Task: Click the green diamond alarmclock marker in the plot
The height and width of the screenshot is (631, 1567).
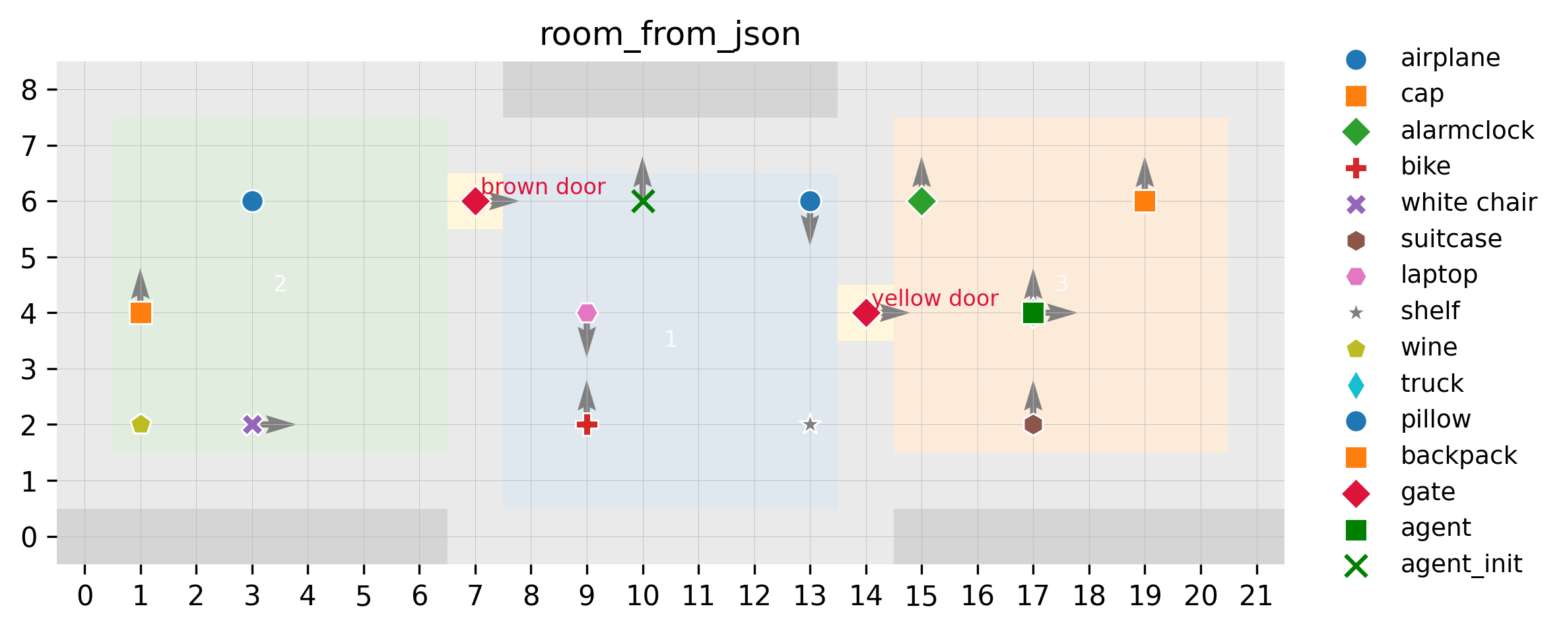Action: point(921,201)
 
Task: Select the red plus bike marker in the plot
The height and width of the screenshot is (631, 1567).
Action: point(587,424)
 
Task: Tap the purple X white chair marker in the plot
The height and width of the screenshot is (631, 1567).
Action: point(252,424)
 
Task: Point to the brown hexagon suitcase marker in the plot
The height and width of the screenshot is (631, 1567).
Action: point(1033,424)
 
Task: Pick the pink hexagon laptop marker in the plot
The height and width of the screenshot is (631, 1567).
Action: point(587,313)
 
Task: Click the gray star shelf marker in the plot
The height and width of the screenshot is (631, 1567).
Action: point(810,424)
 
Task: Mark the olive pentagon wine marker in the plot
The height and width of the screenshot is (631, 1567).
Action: point(141,424)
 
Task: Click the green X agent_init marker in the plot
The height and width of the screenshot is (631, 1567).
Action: point(643,201)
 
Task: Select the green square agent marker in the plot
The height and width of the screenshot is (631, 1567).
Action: point(1033,313)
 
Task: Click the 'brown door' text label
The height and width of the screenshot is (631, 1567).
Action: point(543,187)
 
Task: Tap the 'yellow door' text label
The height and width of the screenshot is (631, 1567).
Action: point(935,299)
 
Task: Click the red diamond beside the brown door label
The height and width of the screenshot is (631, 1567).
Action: point(475,201)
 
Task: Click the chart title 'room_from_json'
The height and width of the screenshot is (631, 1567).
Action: point(670,34)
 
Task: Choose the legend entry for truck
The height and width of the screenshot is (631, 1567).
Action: point(1432,383)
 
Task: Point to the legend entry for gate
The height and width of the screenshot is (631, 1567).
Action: point(1428,492)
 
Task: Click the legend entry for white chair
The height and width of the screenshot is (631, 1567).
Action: point(1469,203)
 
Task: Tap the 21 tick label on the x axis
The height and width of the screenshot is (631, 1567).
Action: point(1256,596)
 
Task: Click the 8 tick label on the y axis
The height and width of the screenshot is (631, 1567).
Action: point(29,90)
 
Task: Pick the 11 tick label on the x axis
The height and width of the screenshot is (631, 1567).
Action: point(698,596)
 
